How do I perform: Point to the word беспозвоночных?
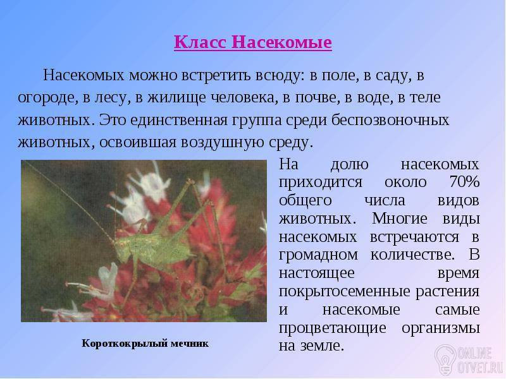(x=390, y=120)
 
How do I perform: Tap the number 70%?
(x=464, y=182)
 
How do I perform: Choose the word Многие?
(x=400, y=219)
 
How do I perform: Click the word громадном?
(x=318, y=255)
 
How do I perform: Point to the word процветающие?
(x=333, y=328)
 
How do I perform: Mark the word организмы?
(x=440, y=328)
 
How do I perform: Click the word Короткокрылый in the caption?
(x=124, y=343)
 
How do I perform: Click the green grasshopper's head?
(x=121, y=249)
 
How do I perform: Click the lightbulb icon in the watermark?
(x=445, y=359)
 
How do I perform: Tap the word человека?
(x=244, y=98)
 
